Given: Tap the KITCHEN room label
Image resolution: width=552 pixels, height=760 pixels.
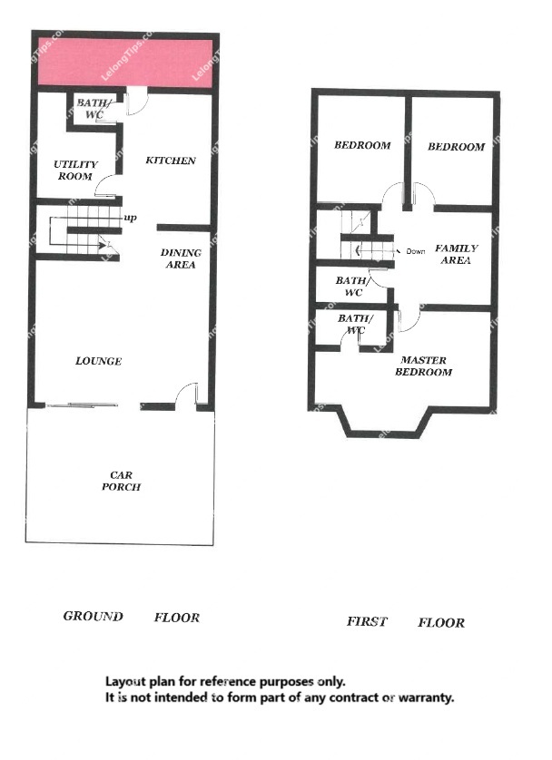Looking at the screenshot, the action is coord(171,161).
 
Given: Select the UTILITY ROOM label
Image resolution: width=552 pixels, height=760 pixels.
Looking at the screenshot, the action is coord(75,171).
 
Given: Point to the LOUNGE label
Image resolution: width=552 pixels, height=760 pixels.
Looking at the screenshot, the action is coord(98,361).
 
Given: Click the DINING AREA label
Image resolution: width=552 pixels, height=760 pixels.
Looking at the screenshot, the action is coord(181,258).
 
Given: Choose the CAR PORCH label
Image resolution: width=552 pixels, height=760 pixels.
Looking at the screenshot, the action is coord(122,481).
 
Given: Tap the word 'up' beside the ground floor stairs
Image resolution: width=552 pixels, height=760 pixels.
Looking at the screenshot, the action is coord(131,218).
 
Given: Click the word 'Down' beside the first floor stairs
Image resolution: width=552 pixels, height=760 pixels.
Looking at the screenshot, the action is coord(416,251).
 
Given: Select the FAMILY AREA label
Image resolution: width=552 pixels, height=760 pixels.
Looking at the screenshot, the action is coord(457,254).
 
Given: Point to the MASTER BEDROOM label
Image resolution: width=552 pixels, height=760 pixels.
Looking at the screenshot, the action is coord(423,366).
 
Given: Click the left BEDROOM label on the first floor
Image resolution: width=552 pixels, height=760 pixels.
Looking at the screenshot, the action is coord(362,145).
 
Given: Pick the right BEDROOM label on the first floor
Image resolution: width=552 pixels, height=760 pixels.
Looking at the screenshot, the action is coord(456,147).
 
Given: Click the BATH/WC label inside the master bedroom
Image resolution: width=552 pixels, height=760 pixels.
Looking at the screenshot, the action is coord(356,325).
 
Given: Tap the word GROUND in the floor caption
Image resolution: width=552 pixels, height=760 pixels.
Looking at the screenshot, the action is coord(94,617).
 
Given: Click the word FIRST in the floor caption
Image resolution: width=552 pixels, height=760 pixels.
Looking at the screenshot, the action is coord(367,621).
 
